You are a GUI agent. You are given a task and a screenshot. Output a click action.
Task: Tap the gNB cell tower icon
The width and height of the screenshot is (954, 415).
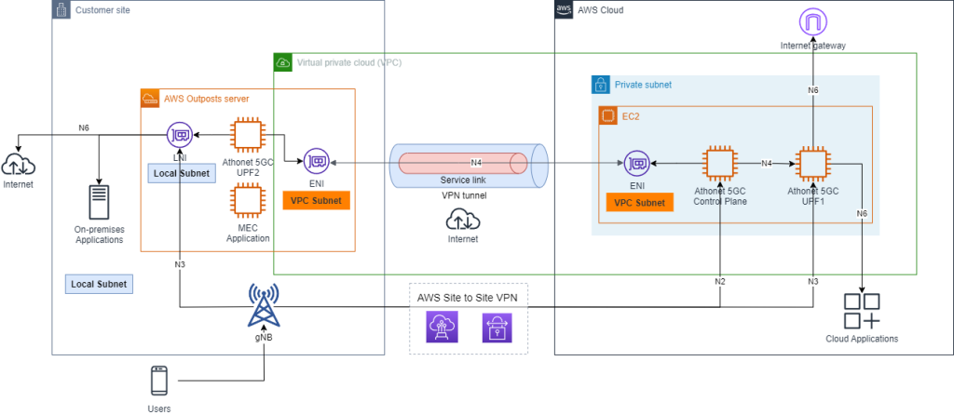(x=264, y=302)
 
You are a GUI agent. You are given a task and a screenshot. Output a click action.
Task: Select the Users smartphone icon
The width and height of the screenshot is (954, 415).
(x=159, y=382)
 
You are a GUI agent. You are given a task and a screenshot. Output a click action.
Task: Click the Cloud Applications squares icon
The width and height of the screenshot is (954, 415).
(x=863, y=310)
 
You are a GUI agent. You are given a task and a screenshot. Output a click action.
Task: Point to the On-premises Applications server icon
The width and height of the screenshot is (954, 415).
(x=99, y=202)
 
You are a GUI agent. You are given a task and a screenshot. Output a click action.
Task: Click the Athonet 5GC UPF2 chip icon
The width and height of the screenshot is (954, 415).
(x=247, y=134)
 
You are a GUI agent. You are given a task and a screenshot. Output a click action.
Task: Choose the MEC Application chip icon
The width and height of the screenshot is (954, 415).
(x=247, y=199)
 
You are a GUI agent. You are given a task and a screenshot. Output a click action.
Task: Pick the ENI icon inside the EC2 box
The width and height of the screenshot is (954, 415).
(x=637, y=164)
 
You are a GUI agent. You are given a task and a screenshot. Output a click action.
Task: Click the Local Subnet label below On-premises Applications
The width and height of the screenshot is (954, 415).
(x=98, y=283)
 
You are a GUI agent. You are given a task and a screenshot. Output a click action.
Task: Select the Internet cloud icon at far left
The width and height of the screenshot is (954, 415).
(x=19, y=165)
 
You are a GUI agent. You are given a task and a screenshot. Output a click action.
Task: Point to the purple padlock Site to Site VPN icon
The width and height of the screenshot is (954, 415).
(x=496, y=328)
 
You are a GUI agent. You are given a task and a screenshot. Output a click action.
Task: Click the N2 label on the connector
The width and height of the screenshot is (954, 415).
(x=720, y=281)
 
